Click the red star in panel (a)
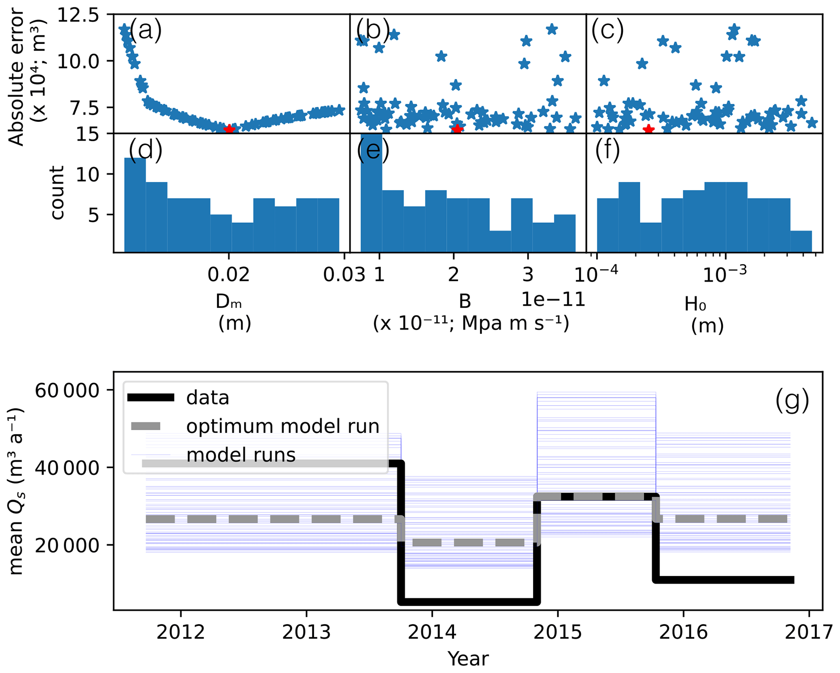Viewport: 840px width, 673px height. (230, 129)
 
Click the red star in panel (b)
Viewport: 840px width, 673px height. (458, 129)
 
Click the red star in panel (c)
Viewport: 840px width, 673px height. (649, 129)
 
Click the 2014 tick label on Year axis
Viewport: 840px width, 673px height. (432, 632)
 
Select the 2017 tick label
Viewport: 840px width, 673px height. (809, 632)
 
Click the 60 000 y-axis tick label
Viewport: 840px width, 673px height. (67, 390)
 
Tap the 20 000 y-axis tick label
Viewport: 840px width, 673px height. (67, 545)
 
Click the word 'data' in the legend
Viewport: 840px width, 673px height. (208, 398)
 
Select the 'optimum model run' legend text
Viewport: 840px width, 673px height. (282, 426)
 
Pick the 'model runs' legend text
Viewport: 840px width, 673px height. (241, 455)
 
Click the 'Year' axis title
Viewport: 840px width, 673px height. (468, 658)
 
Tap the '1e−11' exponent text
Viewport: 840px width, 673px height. (553, 299)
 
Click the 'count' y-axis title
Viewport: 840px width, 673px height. (56, 193)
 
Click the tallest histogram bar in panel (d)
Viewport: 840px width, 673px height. (135, 205)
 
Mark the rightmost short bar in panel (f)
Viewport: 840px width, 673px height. (801, 241)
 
